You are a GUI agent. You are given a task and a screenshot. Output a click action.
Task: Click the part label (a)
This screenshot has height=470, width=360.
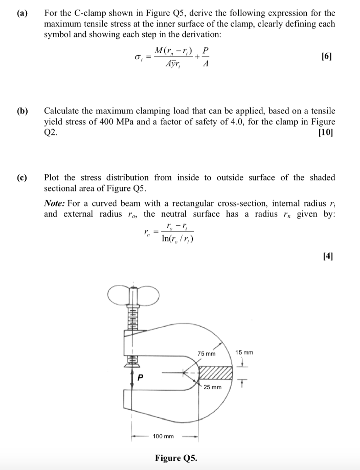pos(22,13)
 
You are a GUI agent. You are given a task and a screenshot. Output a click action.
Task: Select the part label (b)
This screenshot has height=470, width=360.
pos(22,111)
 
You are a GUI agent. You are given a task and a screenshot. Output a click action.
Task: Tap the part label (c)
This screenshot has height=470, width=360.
pos(22,178)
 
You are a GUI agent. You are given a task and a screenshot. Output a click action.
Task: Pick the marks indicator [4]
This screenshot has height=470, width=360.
pos(328,255)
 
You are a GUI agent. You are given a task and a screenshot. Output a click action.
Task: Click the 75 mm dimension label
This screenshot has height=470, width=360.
pos(206,354)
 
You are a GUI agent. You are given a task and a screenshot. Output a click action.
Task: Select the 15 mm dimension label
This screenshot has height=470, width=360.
pos(244,352)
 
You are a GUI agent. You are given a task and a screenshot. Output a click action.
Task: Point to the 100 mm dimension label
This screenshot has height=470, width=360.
pos(163,436)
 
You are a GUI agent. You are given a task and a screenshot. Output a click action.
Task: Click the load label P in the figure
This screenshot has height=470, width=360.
pos(141,377)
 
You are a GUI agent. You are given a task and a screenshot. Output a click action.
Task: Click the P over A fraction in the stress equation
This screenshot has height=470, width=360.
pos(205,57)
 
